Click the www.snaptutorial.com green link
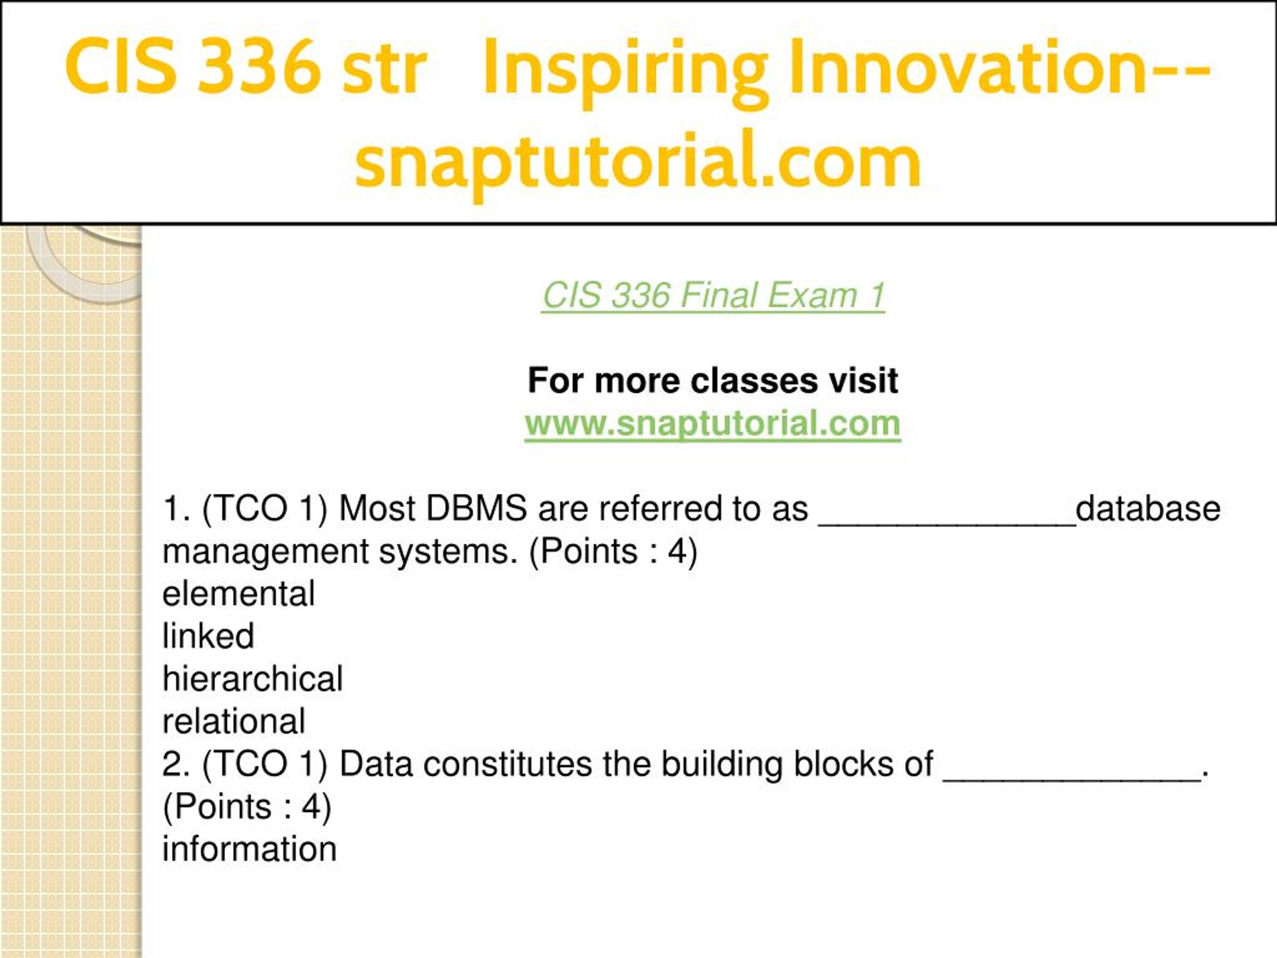[712, 424]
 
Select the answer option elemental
[238, 594]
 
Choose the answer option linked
[209, 636]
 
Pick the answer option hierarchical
[252, 679]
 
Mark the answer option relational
[234, 721]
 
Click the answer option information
[249, 849]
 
